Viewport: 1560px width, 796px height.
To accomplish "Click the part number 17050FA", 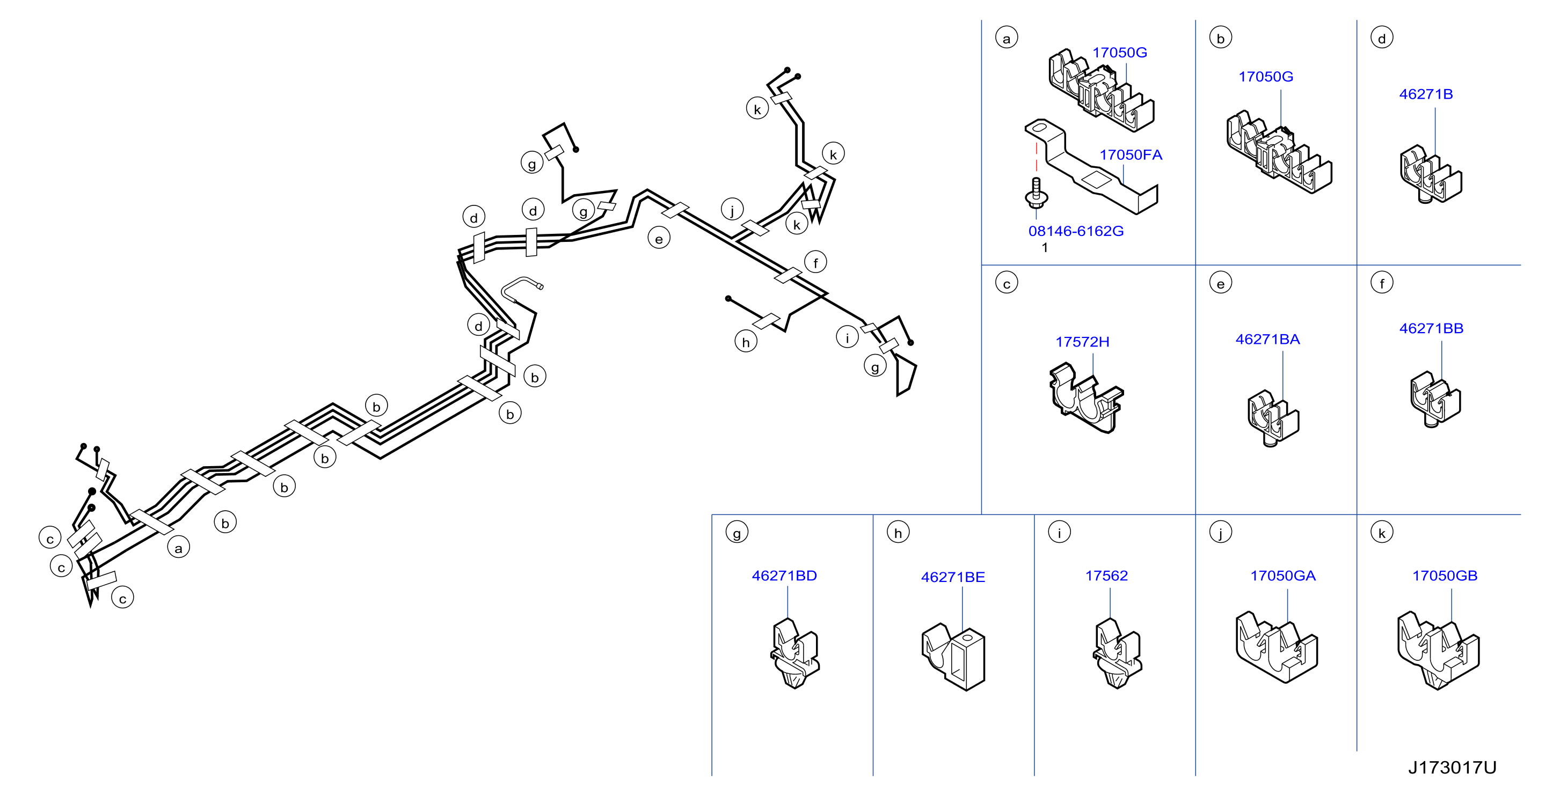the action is coord(1131,155).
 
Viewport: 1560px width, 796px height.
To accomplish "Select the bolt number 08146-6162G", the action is coord(1076,231).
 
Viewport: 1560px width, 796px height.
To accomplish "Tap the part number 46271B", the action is coord(1426,94).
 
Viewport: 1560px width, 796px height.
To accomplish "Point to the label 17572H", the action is coord(1082,342).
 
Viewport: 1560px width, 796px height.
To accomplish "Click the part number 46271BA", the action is coord(1267,340).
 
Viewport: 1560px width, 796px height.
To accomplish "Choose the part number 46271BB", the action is coord(1431,329).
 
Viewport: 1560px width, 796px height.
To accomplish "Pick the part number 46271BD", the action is coord(784,576).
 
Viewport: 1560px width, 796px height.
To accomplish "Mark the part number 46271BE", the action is coord(953,578).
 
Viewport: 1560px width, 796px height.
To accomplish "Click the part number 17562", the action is coord(1106,576).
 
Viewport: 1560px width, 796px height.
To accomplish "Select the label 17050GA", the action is coord(1282,576).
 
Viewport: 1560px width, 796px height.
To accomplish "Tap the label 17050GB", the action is coord(1445,576).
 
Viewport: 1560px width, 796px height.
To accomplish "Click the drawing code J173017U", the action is coord(1452,768).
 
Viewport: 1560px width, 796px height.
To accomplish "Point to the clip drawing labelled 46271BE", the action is coord(953,656).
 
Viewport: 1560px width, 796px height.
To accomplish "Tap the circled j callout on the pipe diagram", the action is coord(732,210).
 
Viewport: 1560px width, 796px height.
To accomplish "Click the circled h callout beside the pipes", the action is coord(746,342).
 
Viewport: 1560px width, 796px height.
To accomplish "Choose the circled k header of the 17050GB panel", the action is coord(1382,533).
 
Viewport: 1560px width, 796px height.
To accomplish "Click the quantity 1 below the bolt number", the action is coord(1045,248).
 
